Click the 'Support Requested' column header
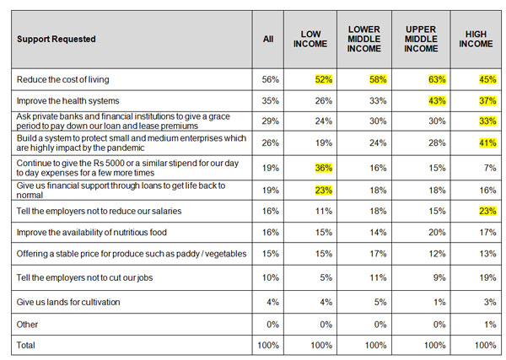[57, 39]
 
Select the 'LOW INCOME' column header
[310, 39]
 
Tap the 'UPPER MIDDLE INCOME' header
[421, 39]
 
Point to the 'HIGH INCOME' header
[476, 39]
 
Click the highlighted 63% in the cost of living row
[437, 79]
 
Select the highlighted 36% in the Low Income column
[324, 168]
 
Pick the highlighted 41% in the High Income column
[487, 142]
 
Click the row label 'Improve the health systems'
[67, 100]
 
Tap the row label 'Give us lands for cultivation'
[68, 302]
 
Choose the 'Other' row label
[27, 325]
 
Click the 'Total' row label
[26, 345]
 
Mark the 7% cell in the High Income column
[490, 168]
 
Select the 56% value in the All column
[270, 79]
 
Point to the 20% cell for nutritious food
[437, 232]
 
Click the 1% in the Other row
[490, 325]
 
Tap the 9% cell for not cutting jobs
[439, 277]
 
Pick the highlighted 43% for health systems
[437, 100]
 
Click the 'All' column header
[268, 39]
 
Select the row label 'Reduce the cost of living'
[63, 79]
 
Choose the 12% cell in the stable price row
[437, 254]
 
